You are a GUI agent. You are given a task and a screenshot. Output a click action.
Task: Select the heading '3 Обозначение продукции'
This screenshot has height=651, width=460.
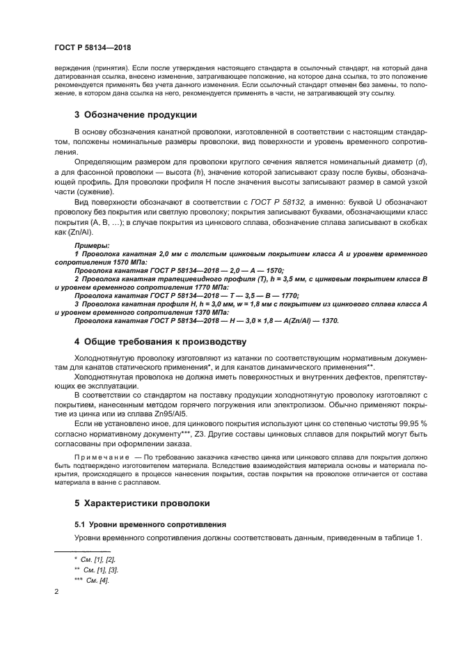pos(135,114)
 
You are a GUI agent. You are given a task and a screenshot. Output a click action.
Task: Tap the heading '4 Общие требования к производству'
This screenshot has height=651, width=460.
pos(160,341)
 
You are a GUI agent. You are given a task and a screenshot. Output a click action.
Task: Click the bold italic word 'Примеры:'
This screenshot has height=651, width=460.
pos(91,246)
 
